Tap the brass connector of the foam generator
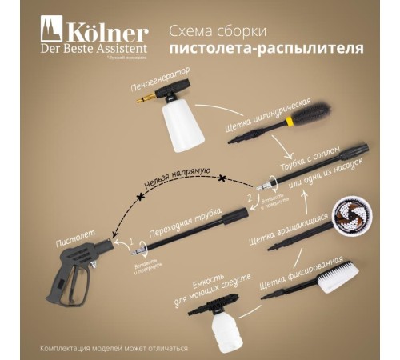[x=146, y=102]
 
